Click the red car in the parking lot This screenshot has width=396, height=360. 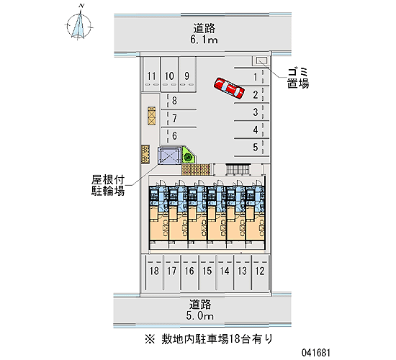(x=229, y=88)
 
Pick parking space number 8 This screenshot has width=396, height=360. (x=179, y=101)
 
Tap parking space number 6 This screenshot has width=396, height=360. (x=179, y=136)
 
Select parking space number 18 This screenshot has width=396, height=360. (x=154, y=272)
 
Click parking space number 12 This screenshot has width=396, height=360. (x=260, y=272)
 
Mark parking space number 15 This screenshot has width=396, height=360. (x=207, y=272)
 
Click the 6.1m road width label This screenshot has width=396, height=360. (x=204, y=40)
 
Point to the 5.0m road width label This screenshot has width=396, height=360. (x=200, y=316)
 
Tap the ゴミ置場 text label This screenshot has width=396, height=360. (x=298, y=78)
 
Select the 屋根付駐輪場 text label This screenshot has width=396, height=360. (x=108, y=186)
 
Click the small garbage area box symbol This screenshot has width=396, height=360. (x=261, y=60)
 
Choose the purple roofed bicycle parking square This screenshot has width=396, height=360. (x=169, y=156)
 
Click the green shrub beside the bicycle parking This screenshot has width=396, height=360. (x=188, y=158)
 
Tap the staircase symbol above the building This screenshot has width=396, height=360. (x=238, y=169)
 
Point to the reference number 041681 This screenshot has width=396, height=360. (x=315, y=352)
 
